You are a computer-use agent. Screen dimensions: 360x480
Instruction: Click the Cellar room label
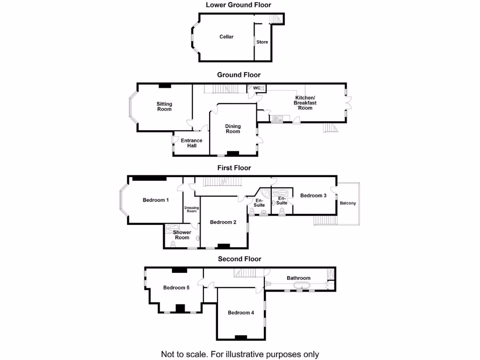point(226,37)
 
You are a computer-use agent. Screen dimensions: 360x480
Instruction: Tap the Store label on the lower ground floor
point(262,42)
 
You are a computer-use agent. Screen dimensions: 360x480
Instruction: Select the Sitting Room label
point(164,106)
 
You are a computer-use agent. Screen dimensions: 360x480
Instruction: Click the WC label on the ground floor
point(256,88)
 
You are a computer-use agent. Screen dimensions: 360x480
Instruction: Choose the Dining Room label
point(233,129)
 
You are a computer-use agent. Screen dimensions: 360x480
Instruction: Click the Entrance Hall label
point(192,143)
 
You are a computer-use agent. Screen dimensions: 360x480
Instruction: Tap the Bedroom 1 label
point(156,200)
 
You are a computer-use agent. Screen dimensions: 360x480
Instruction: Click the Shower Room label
point(182,235)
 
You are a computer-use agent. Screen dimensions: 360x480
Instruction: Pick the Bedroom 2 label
point(223,222)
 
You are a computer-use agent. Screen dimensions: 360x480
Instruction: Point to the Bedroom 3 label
point(313,195)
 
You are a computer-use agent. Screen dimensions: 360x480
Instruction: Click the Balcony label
point(348,203)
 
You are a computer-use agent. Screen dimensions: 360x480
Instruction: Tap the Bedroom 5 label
point(176,288)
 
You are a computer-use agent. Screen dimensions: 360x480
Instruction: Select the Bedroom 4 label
point(241,313)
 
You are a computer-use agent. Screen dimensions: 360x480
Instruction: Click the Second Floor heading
point(240,259)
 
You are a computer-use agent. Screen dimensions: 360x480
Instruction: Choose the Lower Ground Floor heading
point(239,5)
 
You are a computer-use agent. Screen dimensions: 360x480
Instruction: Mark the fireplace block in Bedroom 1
point(149,178)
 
